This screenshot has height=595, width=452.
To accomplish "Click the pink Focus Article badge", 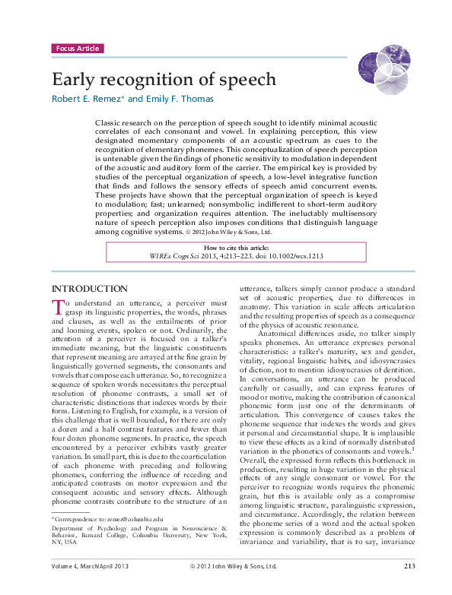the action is coord(77,49).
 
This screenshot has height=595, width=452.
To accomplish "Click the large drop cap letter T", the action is coord(57,307).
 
